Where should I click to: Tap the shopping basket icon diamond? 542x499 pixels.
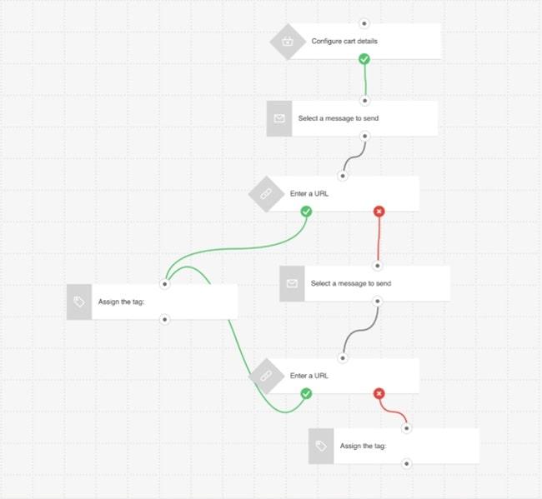(x=288, y=41)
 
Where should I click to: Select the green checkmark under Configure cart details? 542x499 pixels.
(x=364, y=59)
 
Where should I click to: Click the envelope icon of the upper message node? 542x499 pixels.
(x=279, y=118)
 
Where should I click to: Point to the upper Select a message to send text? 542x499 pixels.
(x=338, y=118)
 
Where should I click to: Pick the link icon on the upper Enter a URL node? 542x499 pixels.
(x=267, y=194)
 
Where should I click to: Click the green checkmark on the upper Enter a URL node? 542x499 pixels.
(x=306, y=212)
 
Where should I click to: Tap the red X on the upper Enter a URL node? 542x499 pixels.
(x=379, y=212)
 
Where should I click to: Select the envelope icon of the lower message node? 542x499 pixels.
(x=292, y=283)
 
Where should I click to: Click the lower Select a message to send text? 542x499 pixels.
(x=350, y=283)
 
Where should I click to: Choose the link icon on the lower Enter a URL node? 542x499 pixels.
(x=267, y=376)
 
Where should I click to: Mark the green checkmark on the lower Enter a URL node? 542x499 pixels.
(x=306, y=393)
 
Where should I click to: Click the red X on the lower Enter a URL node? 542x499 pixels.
(x=379, y=393)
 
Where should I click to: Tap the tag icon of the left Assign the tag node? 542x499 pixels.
(x=79, y=302)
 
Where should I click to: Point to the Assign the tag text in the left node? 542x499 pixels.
(x=122, y=302)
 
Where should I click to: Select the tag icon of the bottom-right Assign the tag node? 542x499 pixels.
(x=321, y=447)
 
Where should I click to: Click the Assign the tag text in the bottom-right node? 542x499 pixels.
(x=363, y=447)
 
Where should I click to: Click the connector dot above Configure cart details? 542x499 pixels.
(x=364, y=23)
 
